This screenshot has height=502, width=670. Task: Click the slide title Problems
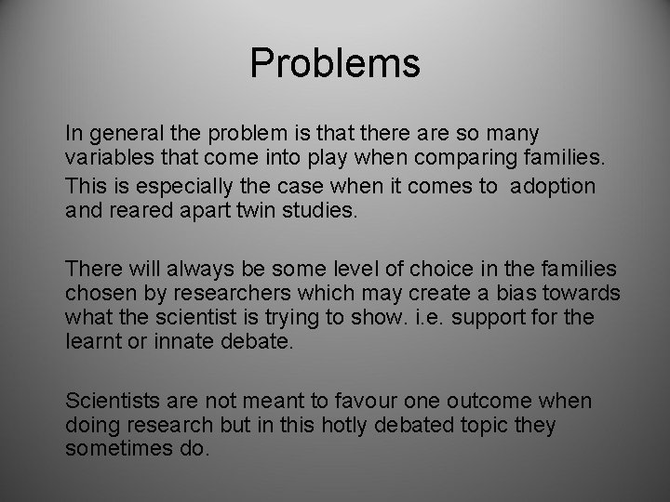pyautogui.click(x=335, y=64)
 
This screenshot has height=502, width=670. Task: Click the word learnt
pyautogui.click(x=91, y=342)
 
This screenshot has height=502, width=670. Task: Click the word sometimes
pyautogui.click(x=116, y=451)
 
